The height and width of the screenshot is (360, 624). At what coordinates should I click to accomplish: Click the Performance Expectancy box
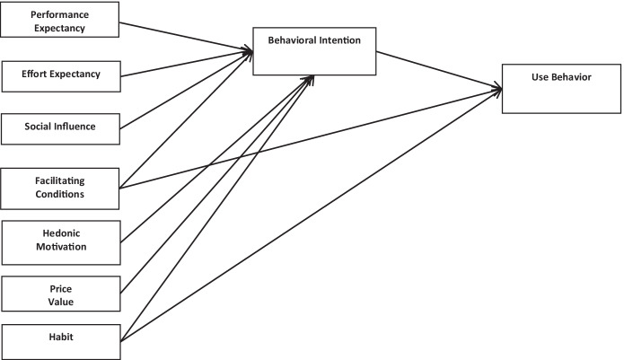coord(59,20)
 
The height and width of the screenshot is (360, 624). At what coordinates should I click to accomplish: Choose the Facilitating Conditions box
coord(59,187)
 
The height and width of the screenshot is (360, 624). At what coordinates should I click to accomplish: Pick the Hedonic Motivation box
coord(59,241)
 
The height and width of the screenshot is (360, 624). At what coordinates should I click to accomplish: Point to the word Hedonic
coord(59,233)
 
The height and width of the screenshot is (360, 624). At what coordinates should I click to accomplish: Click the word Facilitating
coord(60,180)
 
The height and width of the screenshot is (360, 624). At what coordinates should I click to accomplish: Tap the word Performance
coord(59,15)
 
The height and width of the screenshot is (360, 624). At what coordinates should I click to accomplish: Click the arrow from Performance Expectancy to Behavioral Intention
coord(184,38)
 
